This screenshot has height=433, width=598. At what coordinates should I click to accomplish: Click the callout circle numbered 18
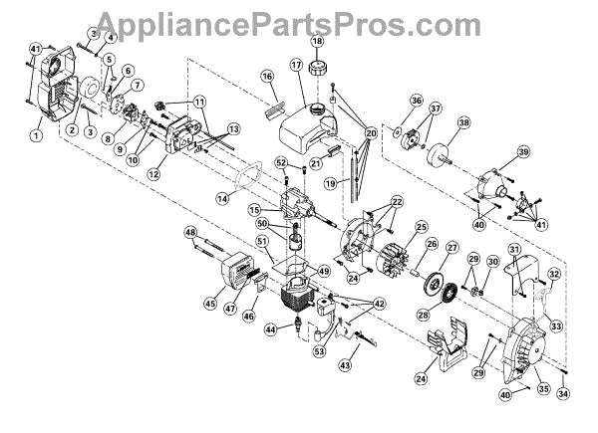[x=317, y=41]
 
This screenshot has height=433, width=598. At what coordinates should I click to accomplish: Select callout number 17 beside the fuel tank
[x=296, y=64]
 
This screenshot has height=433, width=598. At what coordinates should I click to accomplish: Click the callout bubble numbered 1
[x=37, y=135]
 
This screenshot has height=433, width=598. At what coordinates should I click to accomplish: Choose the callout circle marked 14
[x=222, y=198]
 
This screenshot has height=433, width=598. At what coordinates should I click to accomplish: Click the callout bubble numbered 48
[x=188, y=233]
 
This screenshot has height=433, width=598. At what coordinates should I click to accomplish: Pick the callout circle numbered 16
[x=267, y=77]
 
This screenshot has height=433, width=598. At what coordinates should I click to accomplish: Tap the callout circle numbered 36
[x=416, y=101]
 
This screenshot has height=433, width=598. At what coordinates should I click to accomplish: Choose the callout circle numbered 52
[x=281, y=162]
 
